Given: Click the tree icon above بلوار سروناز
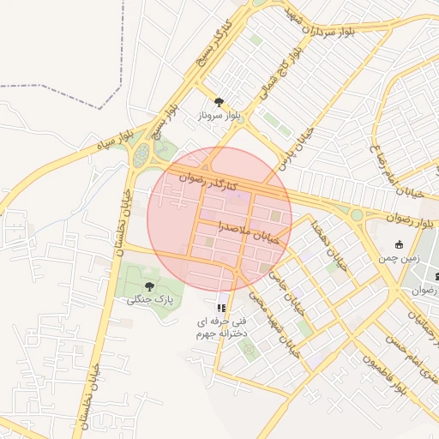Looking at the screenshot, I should [x=219, y=101].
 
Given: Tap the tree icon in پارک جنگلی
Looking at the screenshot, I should [x=150, y=286].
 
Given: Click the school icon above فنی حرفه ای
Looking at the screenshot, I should [x=221, y=307].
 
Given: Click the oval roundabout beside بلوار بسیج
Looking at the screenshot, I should [x=140, y=157].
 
